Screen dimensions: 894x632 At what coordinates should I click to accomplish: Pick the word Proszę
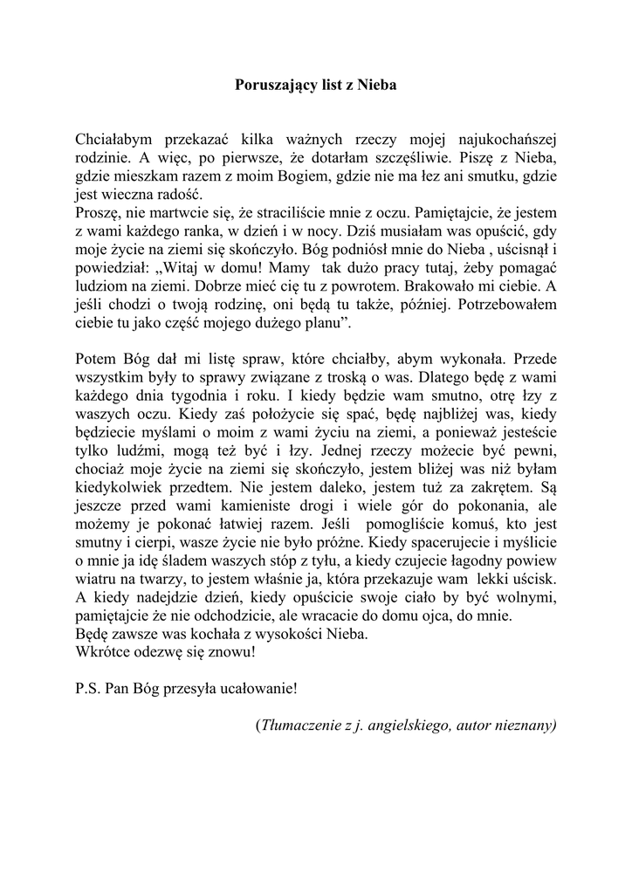97,213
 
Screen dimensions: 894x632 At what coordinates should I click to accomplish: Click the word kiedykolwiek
118,490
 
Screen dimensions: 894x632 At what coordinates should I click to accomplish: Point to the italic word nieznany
524,725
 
